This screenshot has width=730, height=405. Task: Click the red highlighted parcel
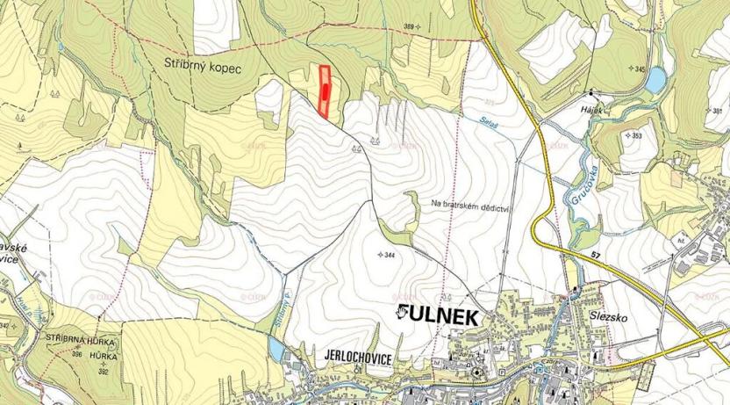pos(325,92)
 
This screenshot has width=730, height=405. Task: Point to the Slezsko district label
pos(600,315)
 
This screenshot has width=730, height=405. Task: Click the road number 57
pos(597,256)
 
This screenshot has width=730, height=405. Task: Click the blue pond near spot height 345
pos(655,81)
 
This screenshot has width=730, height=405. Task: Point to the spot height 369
pos(409,27)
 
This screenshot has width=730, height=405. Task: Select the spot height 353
pos(632,135)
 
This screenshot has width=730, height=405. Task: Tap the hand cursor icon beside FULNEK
pos(402,313)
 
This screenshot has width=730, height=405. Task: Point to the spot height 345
pos(634,68)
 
